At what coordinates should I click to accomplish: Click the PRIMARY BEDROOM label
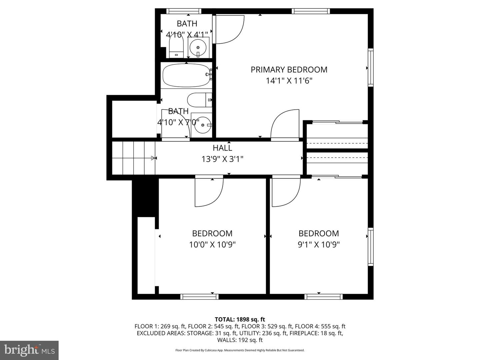point(289,70)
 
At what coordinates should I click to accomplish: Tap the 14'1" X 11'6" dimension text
point(289,81)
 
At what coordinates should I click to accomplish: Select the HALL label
point(222,148)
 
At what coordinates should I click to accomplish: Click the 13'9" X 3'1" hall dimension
point(222,159)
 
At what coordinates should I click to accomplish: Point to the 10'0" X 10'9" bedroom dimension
point(212,245)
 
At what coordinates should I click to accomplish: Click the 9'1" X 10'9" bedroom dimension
point(319,245)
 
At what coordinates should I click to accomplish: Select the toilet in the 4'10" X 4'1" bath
point(176,47)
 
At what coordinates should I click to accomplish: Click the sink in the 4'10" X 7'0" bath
point(202,125)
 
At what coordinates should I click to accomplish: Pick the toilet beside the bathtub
point(199,100)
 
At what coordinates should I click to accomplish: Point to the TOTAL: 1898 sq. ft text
point(240,320)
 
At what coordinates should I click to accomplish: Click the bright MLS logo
point(29,350)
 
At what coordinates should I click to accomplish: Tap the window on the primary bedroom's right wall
point(370,68)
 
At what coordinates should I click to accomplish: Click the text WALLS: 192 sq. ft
point(240,340)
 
